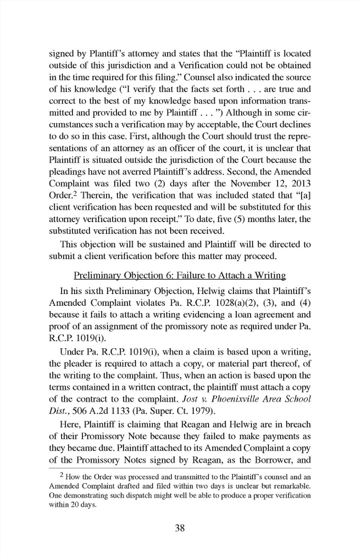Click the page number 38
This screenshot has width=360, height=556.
tap(180, 528)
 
